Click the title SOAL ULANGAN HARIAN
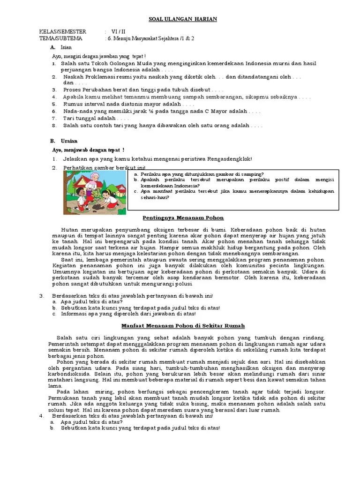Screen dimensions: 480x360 (x=180, y=18)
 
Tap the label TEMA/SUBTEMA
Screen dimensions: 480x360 (x=60, y=38)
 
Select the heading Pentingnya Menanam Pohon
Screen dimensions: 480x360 (x=183, y=218)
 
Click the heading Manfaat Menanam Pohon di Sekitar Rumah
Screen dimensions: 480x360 (x=183, y=325)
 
